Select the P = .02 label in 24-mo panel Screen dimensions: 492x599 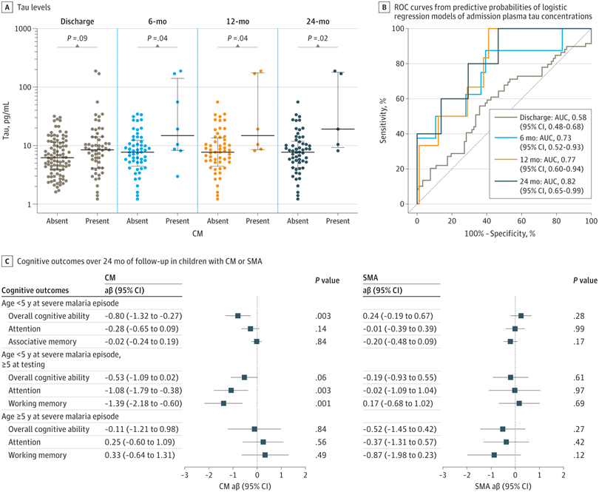(x=317, y=37)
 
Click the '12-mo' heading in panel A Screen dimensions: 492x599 (x=237, y=21)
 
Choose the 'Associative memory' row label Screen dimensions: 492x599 (x=42, y=341)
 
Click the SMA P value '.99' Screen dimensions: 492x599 (x=582, y=328)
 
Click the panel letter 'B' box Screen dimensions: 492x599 (x=385, y=7)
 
